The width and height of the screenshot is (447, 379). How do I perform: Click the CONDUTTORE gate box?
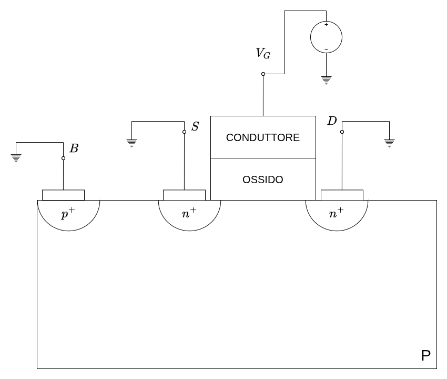click(x=263, y=137)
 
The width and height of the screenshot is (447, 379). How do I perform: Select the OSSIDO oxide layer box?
click(x=263, y=179)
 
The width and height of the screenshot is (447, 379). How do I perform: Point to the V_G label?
click(x=263, y=53)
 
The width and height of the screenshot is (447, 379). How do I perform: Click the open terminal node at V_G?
click(x=263, y=74)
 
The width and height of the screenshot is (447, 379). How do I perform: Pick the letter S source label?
click(x=195, y=126)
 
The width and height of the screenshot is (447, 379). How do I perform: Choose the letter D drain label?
click(x=332, y=121)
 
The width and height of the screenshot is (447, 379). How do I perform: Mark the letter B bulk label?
click(x=74, y=148)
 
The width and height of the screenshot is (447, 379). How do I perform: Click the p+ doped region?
click(x=68, y=214)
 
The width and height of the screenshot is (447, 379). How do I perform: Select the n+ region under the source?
click(x=189, y=214)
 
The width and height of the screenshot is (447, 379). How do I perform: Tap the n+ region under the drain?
click(x=337, y=214)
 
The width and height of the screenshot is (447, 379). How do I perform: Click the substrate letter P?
click(x=425, y=356)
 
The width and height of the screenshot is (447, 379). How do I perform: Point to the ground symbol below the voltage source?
click(x=326, y=80)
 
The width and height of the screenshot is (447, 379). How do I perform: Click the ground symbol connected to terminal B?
click(x=16, y=157)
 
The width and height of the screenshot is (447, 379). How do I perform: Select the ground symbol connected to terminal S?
click(x=131, y=142)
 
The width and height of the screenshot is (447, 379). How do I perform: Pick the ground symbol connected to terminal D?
click(x=389, y=143)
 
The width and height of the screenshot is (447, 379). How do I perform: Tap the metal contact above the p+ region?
click(x=63, y=195)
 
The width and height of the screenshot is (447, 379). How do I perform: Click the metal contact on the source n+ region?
click(x=184, y=195)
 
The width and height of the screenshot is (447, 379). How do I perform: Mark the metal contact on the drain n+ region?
click(x=342, y=195)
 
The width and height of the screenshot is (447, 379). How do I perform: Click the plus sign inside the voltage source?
click(x=326, y=24)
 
